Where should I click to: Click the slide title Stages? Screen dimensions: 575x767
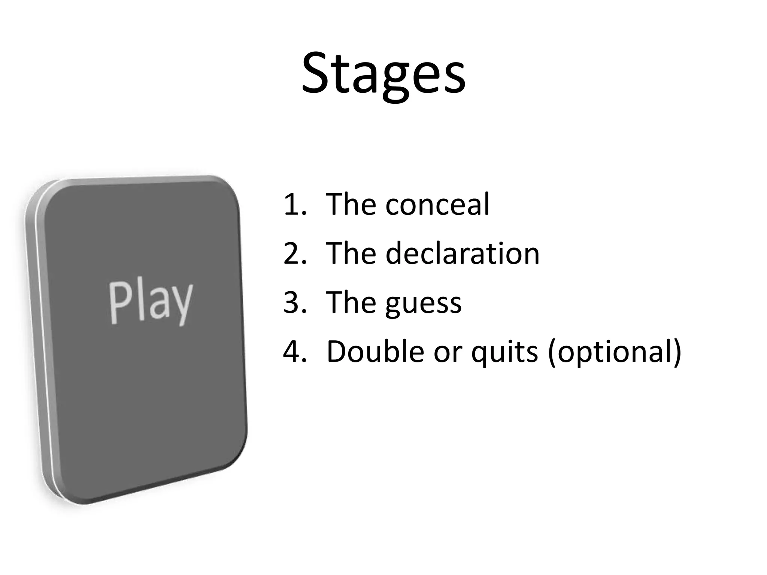click(x=383, y=73)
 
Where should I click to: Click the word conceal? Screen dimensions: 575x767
click(x=437, y=204)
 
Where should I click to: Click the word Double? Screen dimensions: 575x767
click(x=376, y=352)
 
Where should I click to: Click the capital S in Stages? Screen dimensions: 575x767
click(x=317, y=73)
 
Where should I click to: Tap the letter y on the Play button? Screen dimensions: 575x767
click(x=181, y=305)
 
